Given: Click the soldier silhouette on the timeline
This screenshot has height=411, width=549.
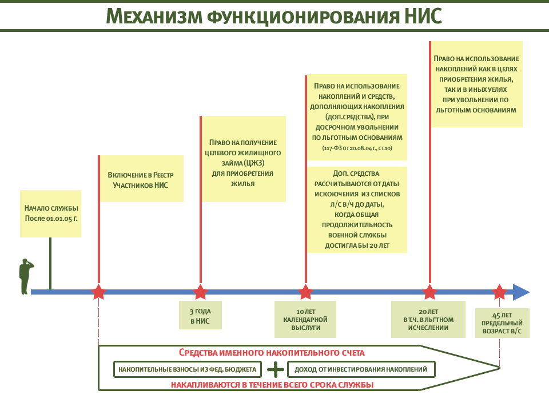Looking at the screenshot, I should point(25,276).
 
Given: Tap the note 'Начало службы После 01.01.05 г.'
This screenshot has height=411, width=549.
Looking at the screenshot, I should point(51,213).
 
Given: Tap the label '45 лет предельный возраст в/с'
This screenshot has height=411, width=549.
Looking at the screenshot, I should point(502,323).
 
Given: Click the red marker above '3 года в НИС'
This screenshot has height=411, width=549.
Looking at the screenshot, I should point(200,291).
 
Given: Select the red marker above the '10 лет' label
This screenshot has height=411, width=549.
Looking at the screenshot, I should point(305,291).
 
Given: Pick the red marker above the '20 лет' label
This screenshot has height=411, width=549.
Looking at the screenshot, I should point(429,291).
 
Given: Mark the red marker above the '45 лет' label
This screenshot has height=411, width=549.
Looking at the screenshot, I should point(500,291).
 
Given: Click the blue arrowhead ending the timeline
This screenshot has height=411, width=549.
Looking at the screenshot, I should point(521,292).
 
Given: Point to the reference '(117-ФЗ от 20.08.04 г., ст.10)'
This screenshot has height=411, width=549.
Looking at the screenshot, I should point(357,148).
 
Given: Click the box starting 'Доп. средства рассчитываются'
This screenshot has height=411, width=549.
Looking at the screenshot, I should point(357,209).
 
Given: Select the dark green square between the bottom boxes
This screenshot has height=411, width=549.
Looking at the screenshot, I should point(274,370).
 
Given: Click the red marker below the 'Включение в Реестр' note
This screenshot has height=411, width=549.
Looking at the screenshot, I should point(98,291).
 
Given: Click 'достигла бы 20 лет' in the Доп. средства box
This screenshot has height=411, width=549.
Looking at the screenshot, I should point(357,245).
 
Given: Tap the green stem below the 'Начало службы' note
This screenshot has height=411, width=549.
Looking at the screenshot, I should point(50,263).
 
